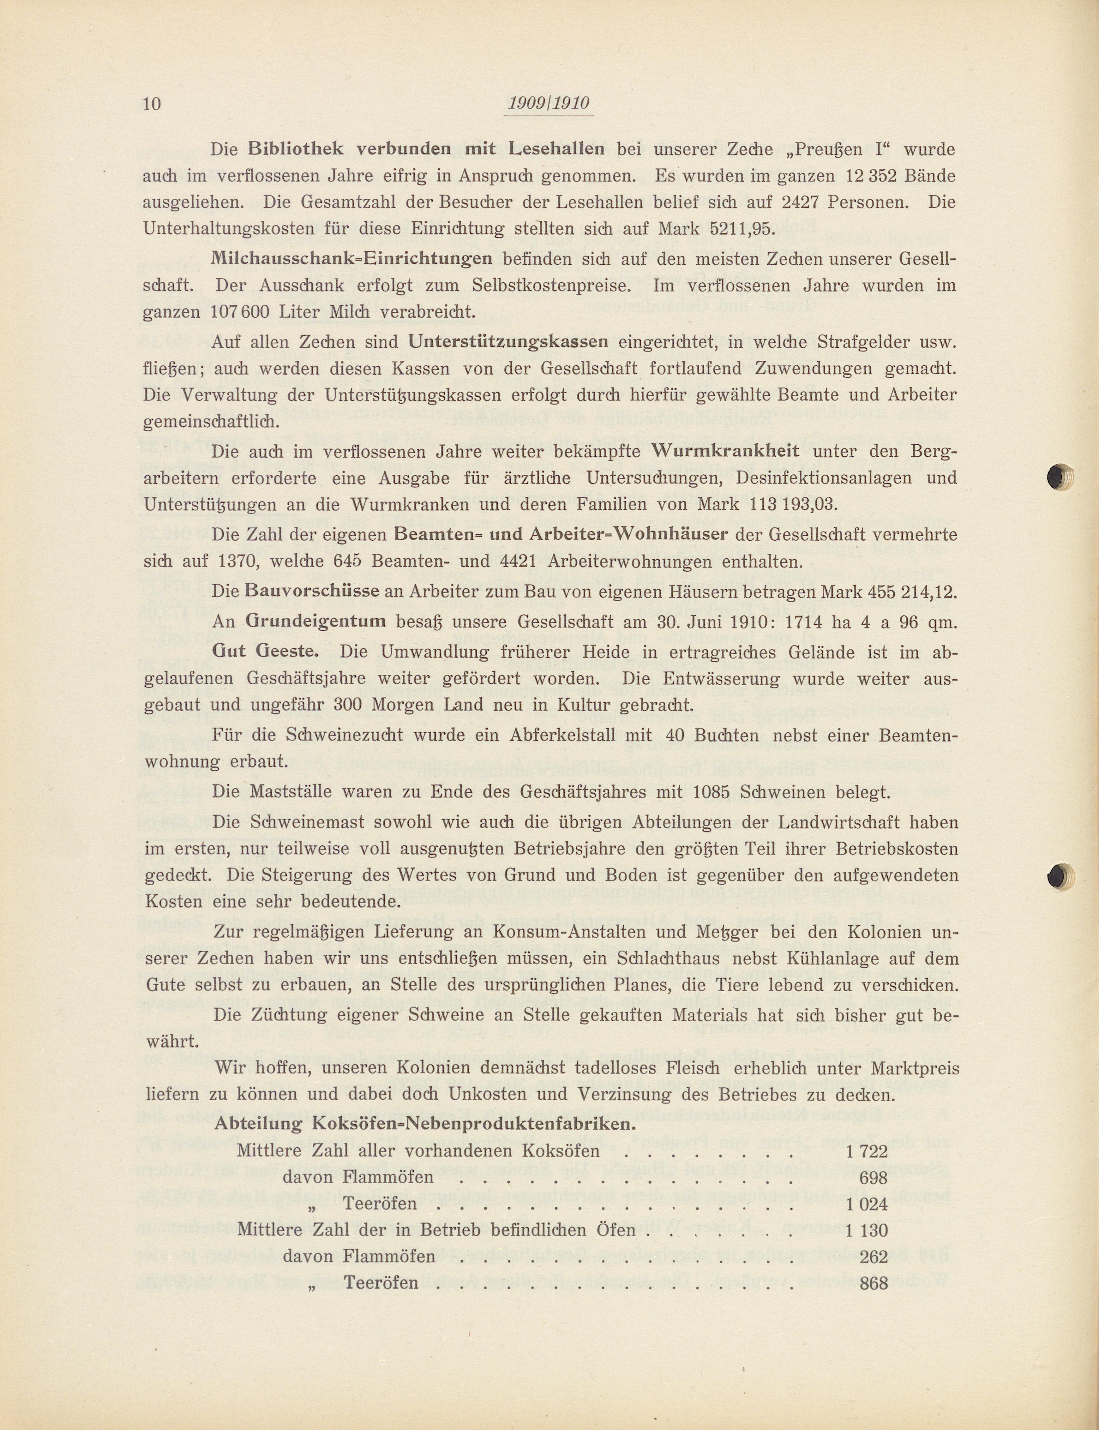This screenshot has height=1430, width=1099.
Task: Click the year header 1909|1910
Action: click(x=548, y=103)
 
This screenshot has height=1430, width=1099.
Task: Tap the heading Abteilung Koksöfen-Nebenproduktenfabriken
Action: click(x=425, y=1124)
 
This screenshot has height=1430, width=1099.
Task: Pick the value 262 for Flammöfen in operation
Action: click(x=874, y=1257)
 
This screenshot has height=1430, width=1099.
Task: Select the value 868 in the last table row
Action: click(x=874, y=1283)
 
